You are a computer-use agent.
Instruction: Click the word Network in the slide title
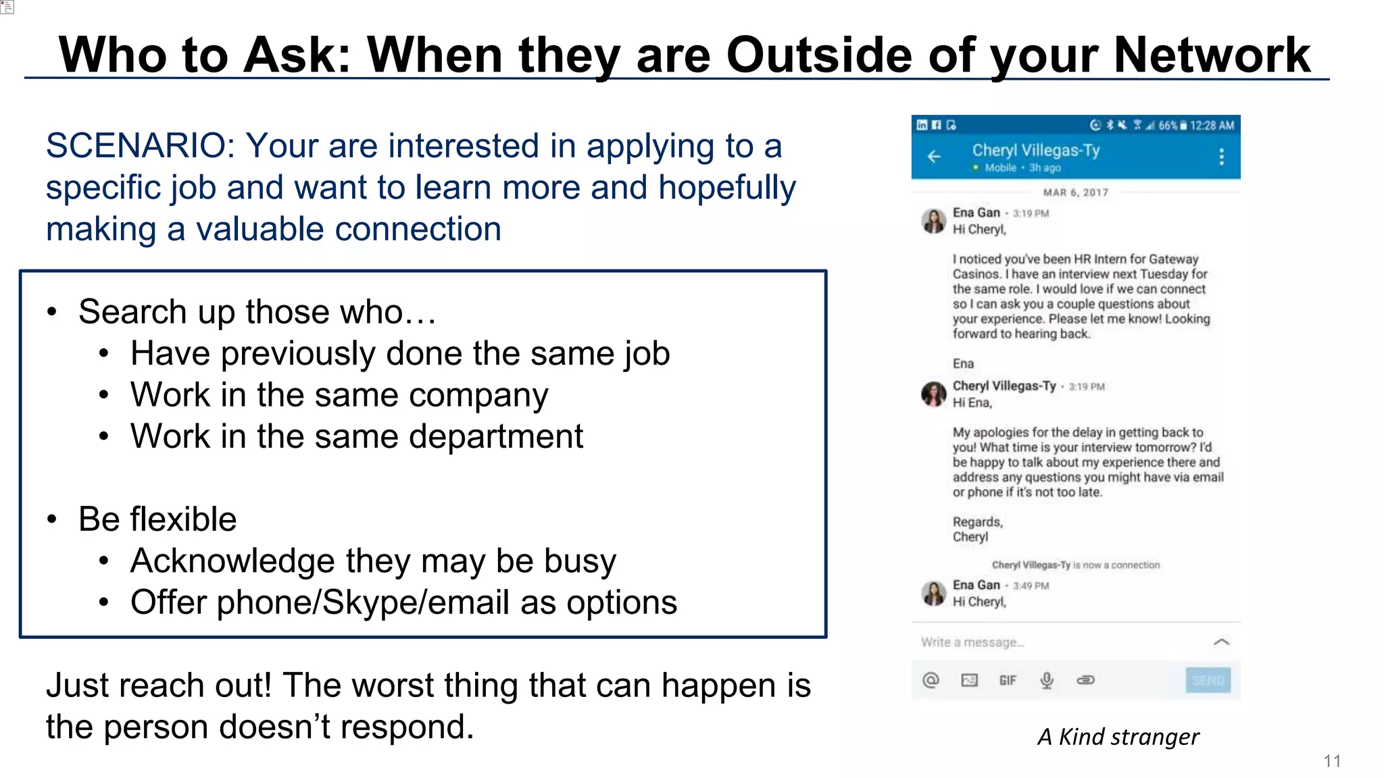pos(1212,55)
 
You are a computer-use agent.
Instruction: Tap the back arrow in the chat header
pos(934,157)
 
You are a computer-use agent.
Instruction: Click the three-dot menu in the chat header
pos(1221,157)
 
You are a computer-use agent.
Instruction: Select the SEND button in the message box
pos(1208,680)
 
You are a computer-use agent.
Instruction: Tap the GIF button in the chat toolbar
pos(1008,680)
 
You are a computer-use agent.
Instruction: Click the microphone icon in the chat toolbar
pos(1047,680)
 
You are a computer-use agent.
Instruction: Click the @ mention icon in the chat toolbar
pos(931,680)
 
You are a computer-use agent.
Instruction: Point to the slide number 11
pos(1332,761)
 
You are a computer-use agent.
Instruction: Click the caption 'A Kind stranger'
pos(1118,737)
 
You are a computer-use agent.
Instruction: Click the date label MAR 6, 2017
pos(1075,192)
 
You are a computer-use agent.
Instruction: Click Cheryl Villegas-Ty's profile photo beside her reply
pos(933,394)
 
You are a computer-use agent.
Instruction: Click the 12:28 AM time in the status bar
pos(1212,126)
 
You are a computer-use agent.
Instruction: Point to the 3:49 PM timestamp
pos(1031,586)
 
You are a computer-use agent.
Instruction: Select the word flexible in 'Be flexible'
pos(183,520)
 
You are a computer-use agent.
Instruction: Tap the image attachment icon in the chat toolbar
pos(969,680)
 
